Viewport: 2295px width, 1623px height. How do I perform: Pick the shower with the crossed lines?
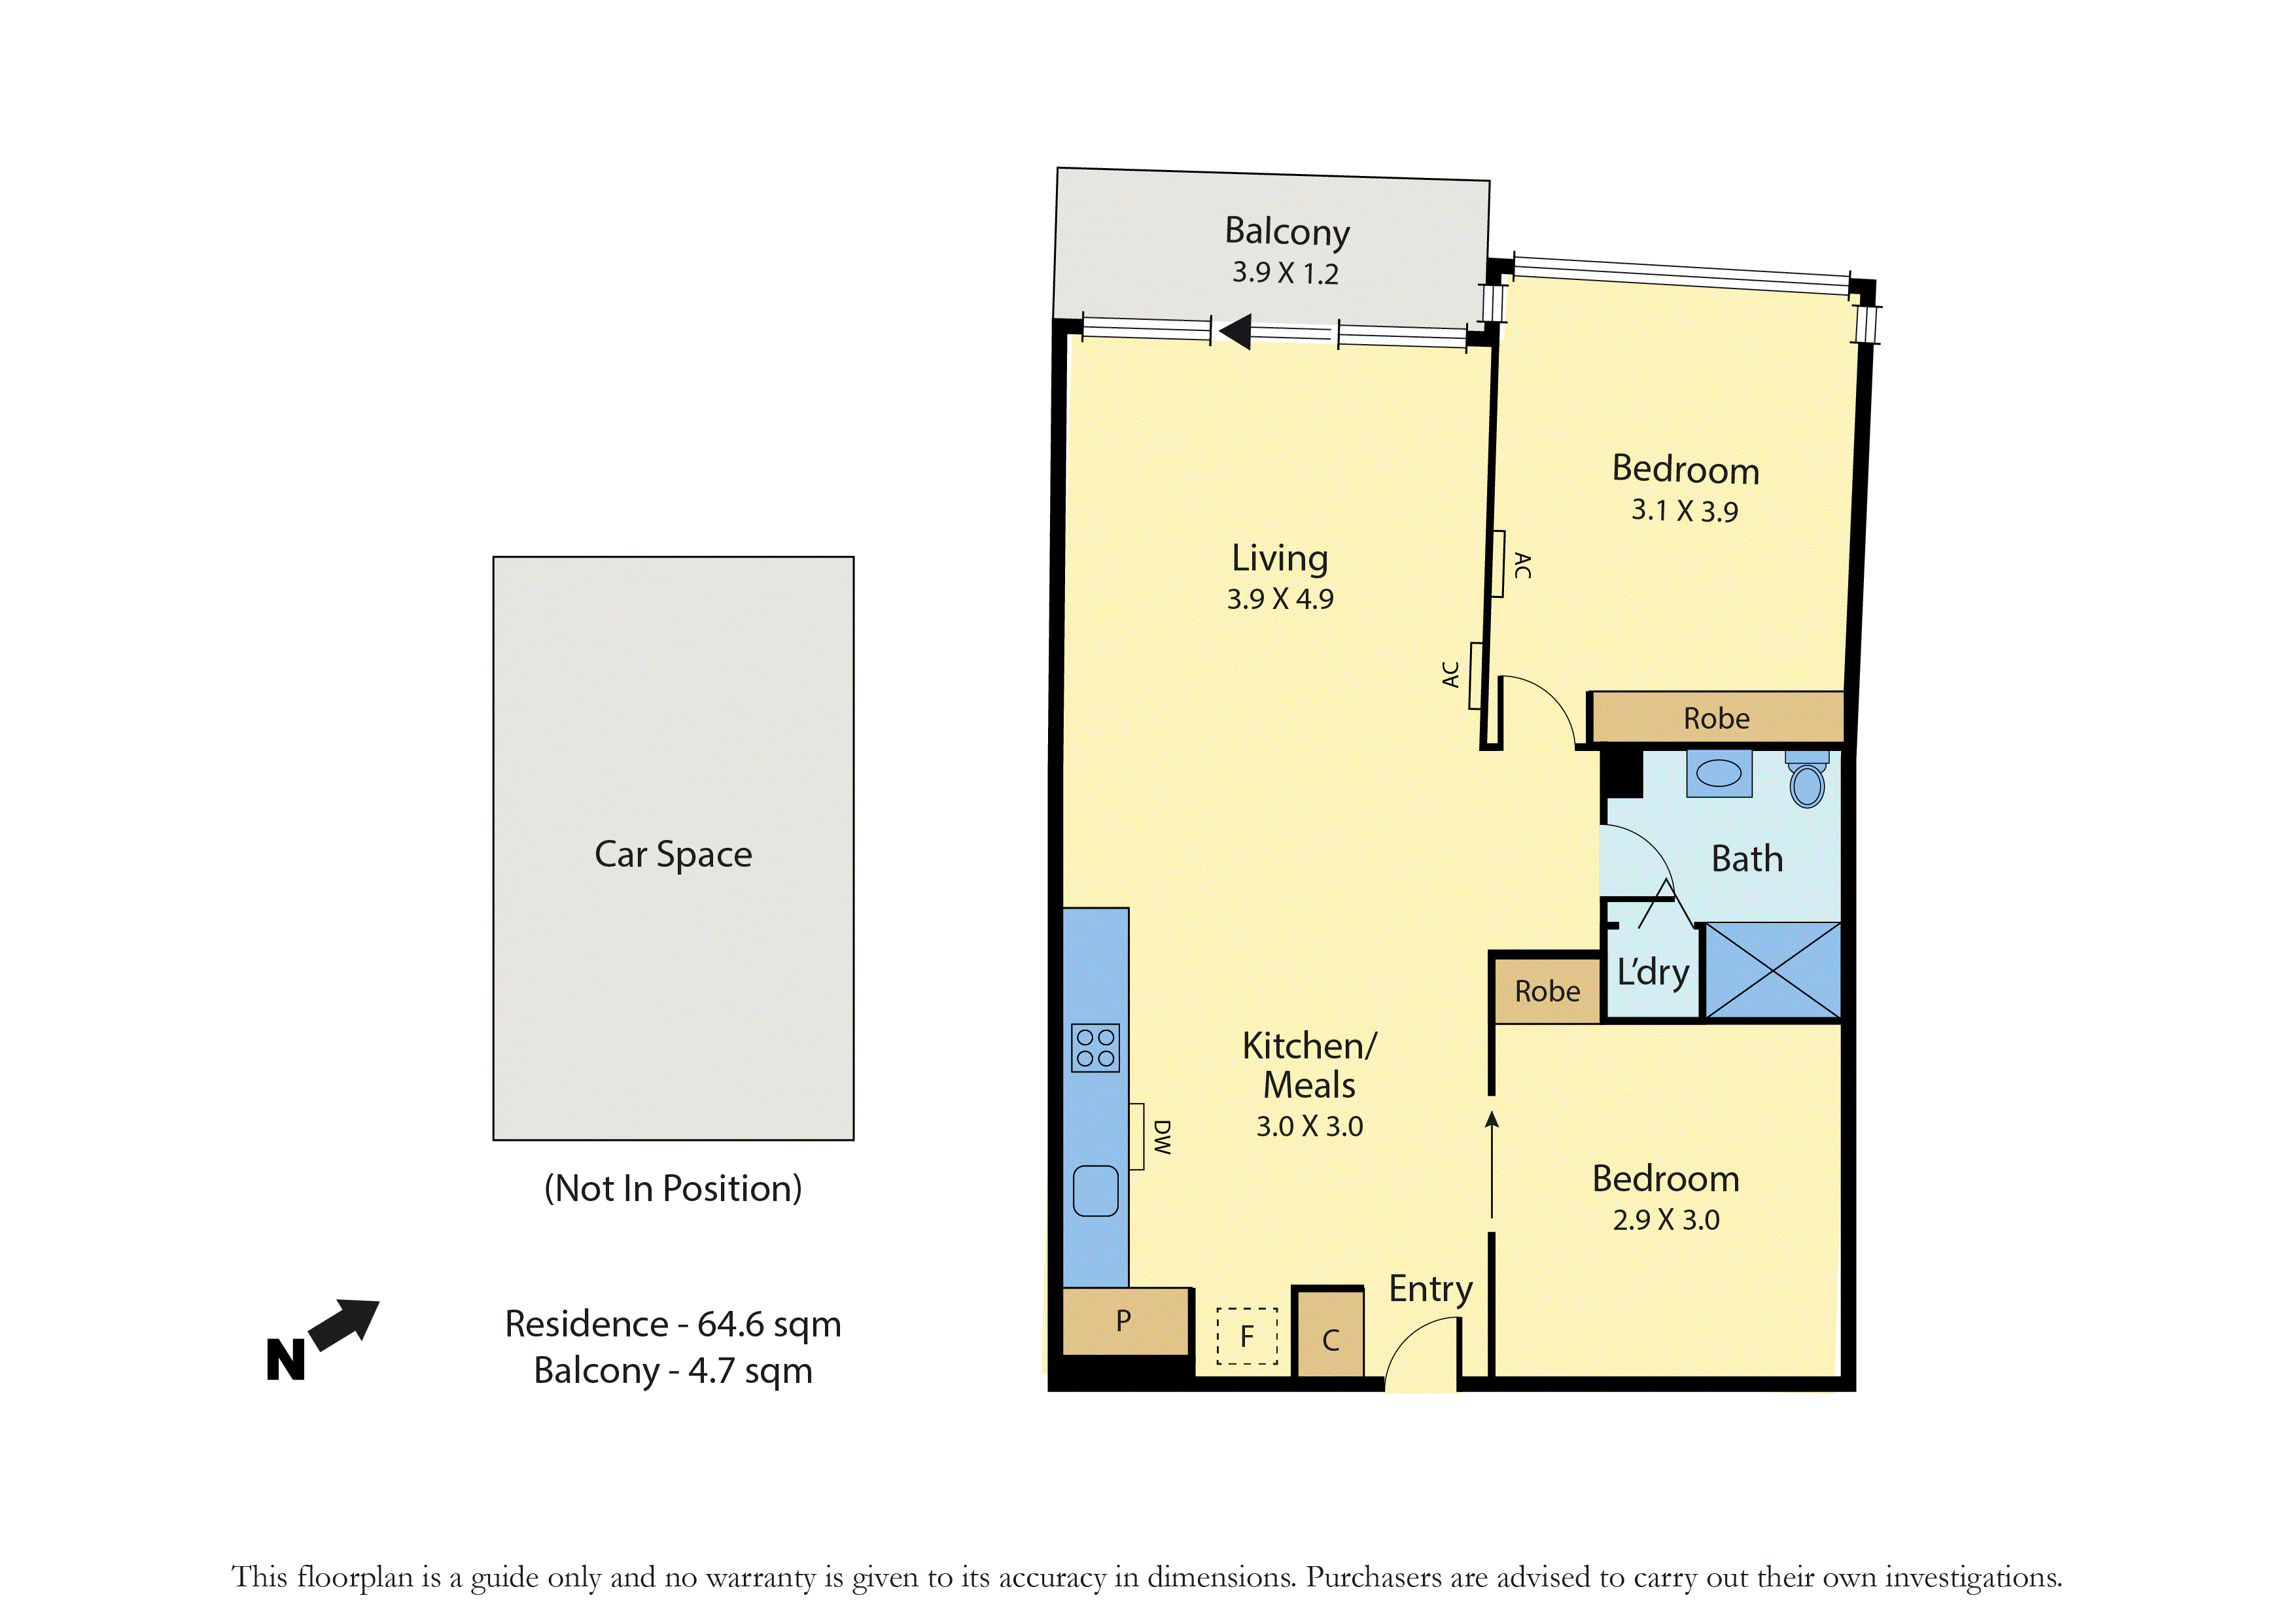pyautogui.click(x=1772, y=969)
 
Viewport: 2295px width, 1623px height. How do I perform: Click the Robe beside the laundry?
pyautogui.click(x=1547, y=991)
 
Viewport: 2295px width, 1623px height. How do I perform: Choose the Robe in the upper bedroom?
pyautogui.click(x=1716, y=718)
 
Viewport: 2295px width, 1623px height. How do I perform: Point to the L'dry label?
pyautogui.click(x=1653, y=971)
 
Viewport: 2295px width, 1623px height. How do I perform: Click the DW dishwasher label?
pyautogui.click(x=1161, y=1138)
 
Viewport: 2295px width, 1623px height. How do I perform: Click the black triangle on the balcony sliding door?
pyautogui.click(x=1236, y=331)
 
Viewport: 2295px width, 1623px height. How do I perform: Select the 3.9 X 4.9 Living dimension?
pyautogui.click(x=1280, y=599)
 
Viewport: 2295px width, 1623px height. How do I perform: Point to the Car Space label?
pyautogui.click(x=673, y=854)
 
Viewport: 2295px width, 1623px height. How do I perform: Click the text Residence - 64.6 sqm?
pyautogui.click(x=673, y=1323)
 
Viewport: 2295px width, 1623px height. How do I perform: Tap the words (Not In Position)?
pyautogui.click(x=673, y=1188)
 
